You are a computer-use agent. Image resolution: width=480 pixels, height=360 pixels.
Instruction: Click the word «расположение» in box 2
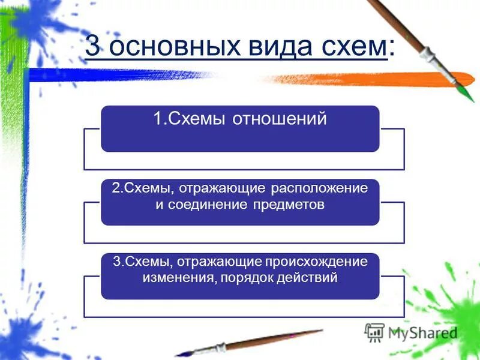tap(319, 188)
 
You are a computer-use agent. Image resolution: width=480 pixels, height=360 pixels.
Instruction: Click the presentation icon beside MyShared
tap(375, 332)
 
